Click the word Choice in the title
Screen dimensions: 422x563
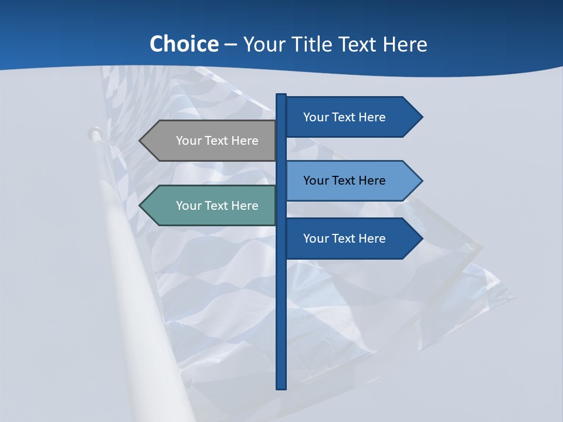[x=184, y=44]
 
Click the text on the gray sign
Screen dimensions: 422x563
[x=217, y=141]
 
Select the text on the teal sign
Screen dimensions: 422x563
[x=217, y=206]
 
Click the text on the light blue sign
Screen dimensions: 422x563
[x=344, y=181]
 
